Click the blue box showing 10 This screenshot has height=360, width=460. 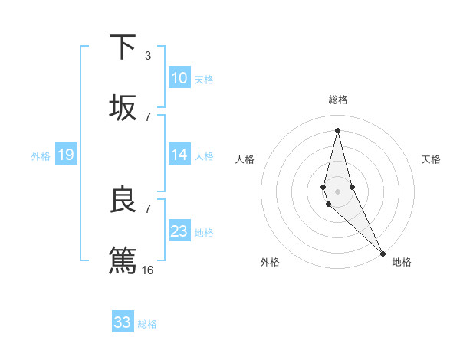(179, 78)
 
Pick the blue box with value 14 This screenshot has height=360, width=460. (179, 155)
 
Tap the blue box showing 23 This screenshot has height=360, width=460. (179, 231)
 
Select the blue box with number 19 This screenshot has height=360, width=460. (65, 155)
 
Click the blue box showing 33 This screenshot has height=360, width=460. (123, 322)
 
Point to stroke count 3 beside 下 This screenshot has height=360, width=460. (148, 55)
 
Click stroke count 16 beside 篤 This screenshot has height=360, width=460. (148, 270)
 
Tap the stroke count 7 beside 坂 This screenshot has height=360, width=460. (148, 116)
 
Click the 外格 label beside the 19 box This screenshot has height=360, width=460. (41, 156)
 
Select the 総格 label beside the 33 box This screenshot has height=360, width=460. (147, 324)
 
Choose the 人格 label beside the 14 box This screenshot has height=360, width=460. (204, 156)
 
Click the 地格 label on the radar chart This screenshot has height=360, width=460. (402, 262)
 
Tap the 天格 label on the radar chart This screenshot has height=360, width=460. (431, 159)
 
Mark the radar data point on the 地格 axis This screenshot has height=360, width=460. (382, 252)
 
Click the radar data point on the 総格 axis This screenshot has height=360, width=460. (337, 129)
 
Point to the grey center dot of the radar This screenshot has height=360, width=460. (337, 191)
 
